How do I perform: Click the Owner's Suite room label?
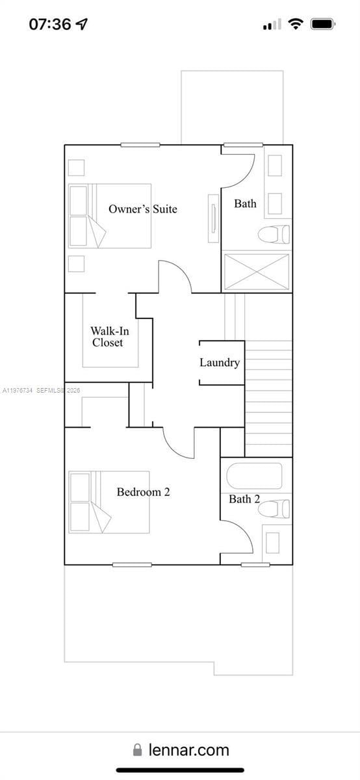[x=142, y=209]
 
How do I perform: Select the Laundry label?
[x=220, y=363]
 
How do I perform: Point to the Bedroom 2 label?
[x=143, y=492]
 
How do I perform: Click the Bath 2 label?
[x=244, y=499]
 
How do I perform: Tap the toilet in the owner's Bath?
[x=274, y=234]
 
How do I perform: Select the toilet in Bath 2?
[x=274, y=508]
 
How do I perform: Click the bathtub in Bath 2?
[x=254, y=475]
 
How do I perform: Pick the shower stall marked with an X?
[x=257, y=272]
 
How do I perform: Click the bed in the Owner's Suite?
[x=110, y=216]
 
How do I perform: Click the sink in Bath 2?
[x=272, y=542]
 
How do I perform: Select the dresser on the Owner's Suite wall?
[x=213, y=218]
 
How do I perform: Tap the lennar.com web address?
[x=188, y=750]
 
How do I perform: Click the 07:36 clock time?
[x=50, y=24]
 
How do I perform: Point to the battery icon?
[x=322, y=24]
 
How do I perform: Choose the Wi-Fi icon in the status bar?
[x=296, y=24]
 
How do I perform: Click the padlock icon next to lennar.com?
[x=138, y=750]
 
